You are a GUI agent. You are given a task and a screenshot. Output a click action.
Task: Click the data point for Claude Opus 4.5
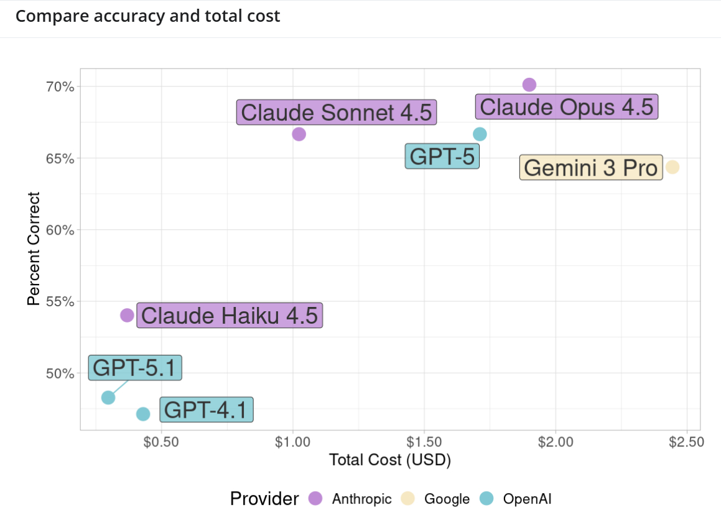pyautogui.click(x=529, y=85)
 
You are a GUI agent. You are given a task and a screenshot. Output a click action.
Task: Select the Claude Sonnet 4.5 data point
pyautogui.click(x=299, y=134)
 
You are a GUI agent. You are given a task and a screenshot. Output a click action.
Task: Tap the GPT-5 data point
pyautogui.click(x=480, y=134)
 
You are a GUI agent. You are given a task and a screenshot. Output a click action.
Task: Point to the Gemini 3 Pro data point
pyautogui.click(x=672, y=167)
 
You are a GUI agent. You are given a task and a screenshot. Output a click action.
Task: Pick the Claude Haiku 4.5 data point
pyautogui.click(x=127, y=315)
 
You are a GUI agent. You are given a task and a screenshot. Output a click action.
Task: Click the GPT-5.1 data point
pyautogui.click(x=108, y=397)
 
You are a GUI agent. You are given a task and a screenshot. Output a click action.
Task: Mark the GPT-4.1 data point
pyautogui.click(x=143, y=414)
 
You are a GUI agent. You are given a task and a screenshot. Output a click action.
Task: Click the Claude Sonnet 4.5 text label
pyautogui.click(x=336, y=113)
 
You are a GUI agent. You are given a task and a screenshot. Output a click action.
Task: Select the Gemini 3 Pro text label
pyautogui.click(x=590, y=168)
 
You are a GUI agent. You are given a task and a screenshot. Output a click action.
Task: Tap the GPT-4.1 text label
pyautogui.click(x=207, y=410)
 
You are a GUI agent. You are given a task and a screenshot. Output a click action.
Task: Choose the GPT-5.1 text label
pyautogui.click(x=135, y=368)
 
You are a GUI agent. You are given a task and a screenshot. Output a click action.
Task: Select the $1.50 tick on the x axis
pyautogui.click(x=424, y=443)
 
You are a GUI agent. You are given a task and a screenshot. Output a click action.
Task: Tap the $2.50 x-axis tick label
pyautogui.click(x=687, y=443)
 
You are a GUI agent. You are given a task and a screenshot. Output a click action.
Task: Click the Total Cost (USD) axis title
pyautogui.click(x=389, y=461)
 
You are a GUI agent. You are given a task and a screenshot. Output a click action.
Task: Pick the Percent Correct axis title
pyautogui.click(x=34, y=249)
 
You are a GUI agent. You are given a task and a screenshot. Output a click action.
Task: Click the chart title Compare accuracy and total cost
pyautogui.click(x=148, y=16)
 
